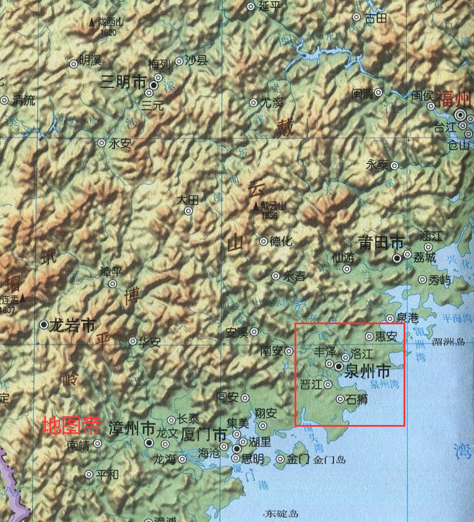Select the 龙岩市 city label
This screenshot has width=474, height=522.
(74, 325)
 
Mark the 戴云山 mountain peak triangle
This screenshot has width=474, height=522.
(257, 206)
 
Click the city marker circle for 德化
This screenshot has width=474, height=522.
(263, 241)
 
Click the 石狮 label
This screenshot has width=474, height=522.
(357, 398)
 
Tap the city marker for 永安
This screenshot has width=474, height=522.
(101, 143)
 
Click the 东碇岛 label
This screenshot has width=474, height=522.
(281, 514)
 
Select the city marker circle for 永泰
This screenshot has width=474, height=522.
(394, 165)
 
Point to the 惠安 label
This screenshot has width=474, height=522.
(386, 336)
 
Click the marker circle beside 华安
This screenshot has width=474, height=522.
(133, 342)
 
